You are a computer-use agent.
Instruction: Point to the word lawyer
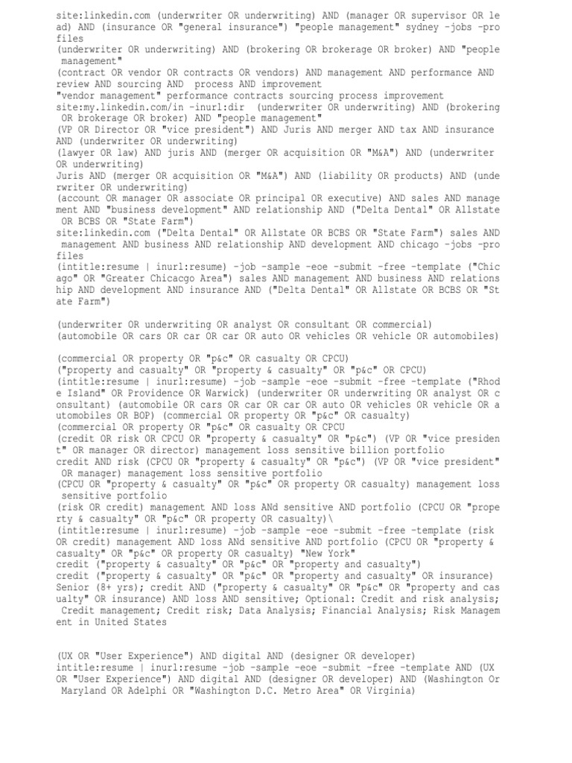pos(81,153)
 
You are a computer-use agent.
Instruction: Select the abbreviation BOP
pos(139,416)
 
